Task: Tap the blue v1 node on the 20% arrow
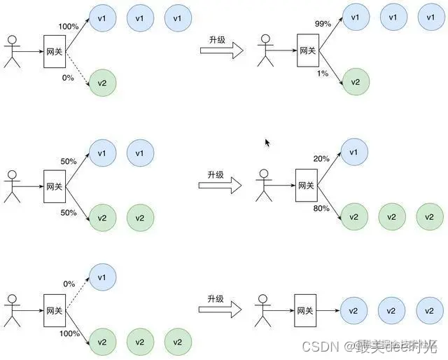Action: [355, 151]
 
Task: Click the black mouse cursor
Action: [267, 142]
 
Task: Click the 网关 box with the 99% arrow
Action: [307, 50]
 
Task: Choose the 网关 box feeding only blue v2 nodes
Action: [305, 310]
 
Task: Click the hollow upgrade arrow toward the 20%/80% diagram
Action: [220, 186]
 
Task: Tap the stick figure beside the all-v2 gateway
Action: [263, 310]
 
